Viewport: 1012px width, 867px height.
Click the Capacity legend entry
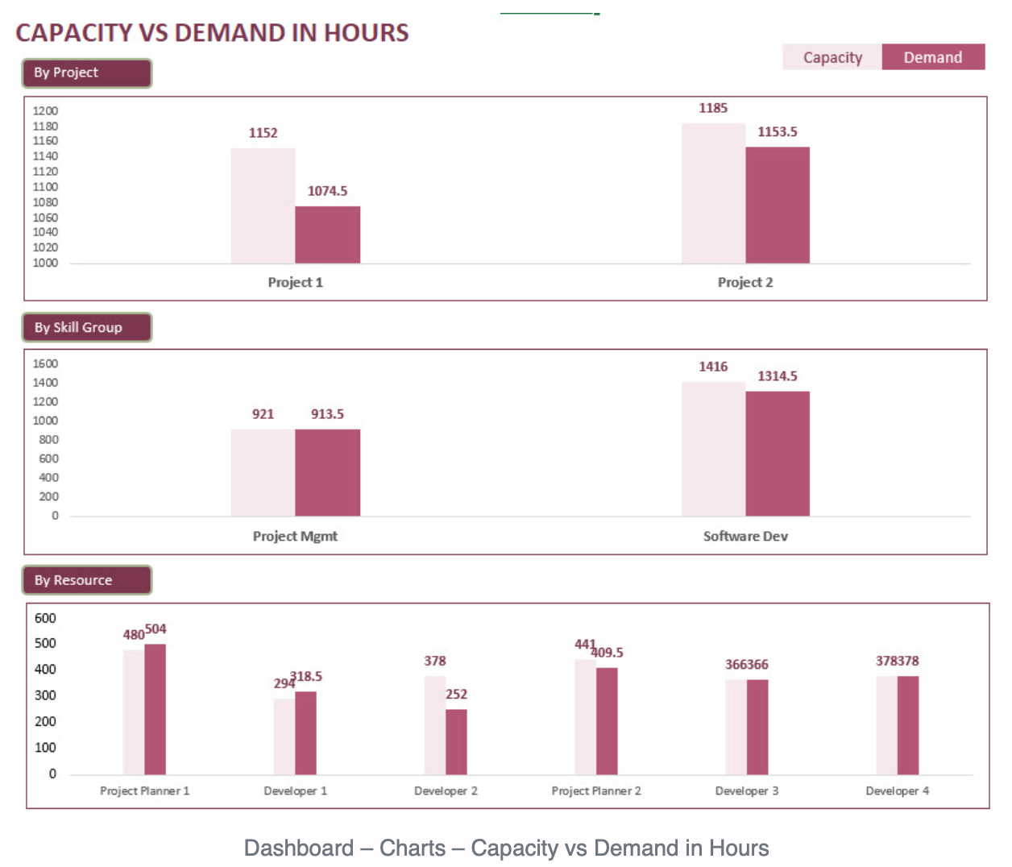point(832,57)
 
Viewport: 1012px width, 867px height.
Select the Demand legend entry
point(933,57)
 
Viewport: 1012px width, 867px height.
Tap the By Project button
point(86,73)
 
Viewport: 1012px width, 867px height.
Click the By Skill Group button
point(86,327)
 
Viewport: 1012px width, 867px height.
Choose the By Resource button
point(86,580)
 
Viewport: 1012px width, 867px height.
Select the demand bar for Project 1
point(327,235)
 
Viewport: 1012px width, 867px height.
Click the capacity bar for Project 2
point(713,193)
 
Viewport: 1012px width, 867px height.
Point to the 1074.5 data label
point(327,191)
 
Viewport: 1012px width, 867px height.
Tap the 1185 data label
point(713,108)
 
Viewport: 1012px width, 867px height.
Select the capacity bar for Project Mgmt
point(263,472)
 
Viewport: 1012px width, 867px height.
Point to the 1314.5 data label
point(778,376)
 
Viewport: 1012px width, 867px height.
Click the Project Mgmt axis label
point(295,537)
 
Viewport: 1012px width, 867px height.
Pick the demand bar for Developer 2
point(456,741)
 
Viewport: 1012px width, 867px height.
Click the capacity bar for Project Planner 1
point(134,712)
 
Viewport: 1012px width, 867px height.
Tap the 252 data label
point(456,695)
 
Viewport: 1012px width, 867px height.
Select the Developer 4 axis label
point(897,791)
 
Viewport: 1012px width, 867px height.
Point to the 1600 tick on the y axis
point(45,363)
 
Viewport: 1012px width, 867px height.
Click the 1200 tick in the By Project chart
point(45,111)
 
